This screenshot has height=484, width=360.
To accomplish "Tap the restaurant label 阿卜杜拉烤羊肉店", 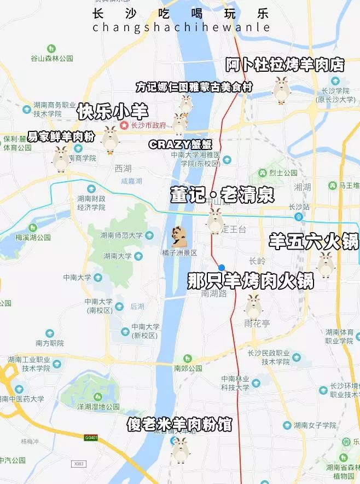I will point(284,65).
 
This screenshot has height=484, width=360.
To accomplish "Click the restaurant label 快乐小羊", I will point(112,112).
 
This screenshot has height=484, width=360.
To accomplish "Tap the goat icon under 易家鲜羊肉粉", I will point(61,158).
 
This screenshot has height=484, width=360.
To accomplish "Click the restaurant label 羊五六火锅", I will point(313,241).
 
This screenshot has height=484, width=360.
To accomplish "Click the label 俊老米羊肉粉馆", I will point(179,424).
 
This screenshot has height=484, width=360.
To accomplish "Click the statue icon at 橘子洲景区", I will point(178,237).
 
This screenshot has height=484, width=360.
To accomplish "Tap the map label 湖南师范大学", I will point(121,235).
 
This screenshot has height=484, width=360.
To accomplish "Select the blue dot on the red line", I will point(221,267).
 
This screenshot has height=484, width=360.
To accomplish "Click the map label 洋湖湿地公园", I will point(98,406).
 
